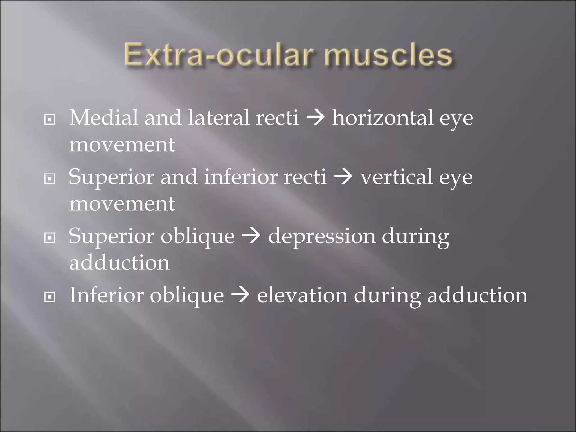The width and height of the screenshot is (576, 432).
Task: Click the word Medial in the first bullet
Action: click(x=103, y=118)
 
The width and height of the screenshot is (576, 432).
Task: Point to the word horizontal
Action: click(x=383, y=118)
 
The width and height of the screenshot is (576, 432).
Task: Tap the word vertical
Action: click(x=397, y=177)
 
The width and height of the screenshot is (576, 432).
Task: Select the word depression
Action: click(x=322, y=236)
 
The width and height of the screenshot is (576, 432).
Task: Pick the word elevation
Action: click(x=302, y=295)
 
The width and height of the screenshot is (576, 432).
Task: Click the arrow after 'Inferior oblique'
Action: click(x=240, y=296)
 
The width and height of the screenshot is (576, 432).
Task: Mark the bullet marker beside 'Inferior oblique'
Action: click(x=50, y=297)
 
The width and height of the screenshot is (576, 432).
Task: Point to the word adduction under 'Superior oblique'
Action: click(x=120, y=262)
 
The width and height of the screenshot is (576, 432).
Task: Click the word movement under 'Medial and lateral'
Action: click(x=122, y=145)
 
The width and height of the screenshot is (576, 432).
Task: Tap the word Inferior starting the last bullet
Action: click(x=106, y=295)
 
